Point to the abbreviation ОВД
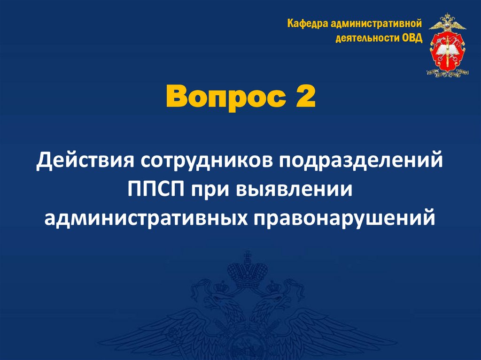click(x=412, y=38)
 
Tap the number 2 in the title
click(x=305, y=96)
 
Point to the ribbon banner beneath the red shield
click(x=447, y=72)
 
